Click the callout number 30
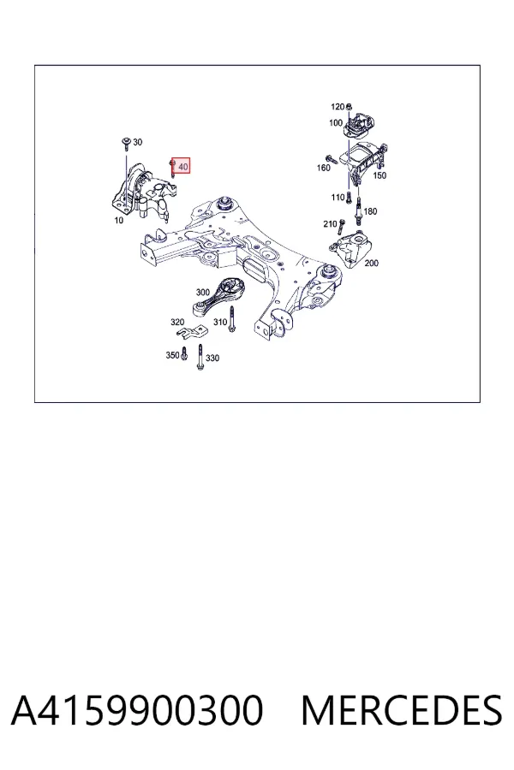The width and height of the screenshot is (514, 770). tap(137, 142)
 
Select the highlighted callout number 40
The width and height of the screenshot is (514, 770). tap(183, 167)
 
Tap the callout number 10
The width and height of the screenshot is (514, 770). tap(118, 221)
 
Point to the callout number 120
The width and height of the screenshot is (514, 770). tap(338, 107)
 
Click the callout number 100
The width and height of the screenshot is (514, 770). tap(336, 122)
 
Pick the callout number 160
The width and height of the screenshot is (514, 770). tap(323, 168)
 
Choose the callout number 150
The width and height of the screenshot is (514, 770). tap(380, 175)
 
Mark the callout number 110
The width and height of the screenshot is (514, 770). tap(338, 198)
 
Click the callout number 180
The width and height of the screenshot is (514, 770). tap(370, 211)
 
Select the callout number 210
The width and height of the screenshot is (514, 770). tap(330, 224)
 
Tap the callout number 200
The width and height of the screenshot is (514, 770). tap(371, 264)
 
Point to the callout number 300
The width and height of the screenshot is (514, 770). tap(203, 293)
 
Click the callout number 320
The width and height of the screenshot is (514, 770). tap(177, 323)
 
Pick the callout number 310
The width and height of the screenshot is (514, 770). tap(220, 323)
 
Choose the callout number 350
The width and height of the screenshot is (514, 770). tap(172, 355)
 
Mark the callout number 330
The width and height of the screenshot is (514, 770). tap(212, 358)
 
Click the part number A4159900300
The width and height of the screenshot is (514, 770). tap(137, 710)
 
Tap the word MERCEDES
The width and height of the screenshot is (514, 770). tap(402, 710)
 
